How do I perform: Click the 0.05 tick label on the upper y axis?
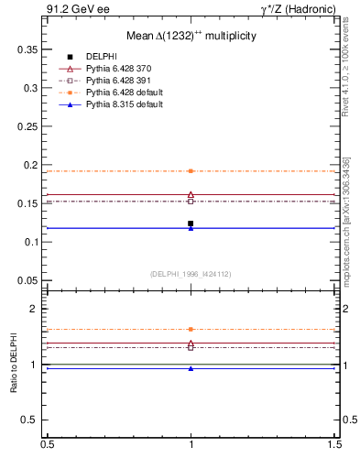point(31,280)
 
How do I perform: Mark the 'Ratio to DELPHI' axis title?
point(15,364)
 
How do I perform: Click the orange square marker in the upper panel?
point(191,171)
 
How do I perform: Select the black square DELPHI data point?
point(191,224)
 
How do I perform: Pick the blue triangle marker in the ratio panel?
point(191,368)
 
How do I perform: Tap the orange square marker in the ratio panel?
point(191,329)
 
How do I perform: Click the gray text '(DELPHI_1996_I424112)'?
point(191,274)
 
